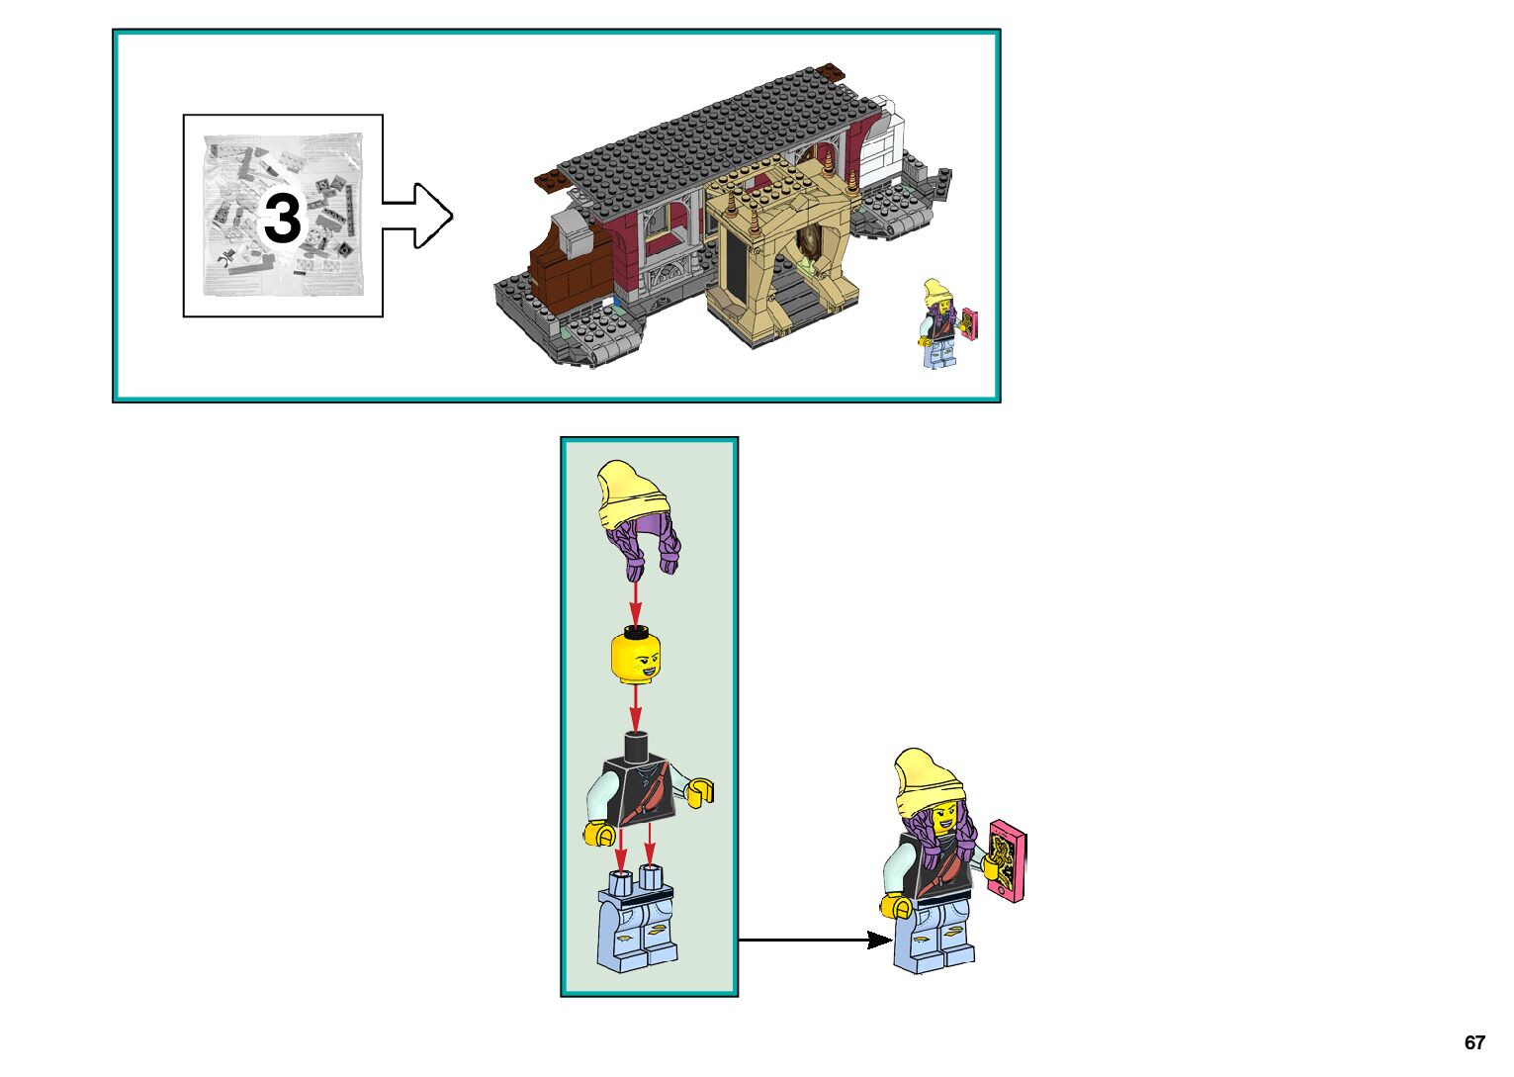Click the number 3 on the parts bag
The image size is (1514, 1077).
(283, 218)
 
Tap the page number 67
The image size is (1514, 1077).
(1474, 1042)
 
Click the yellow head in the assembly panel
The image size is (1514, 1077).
(635, 658)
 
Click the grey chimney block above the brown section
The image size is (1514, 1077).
(572, 229)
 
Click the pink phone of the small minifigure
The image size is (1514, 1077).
(970, 324)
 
